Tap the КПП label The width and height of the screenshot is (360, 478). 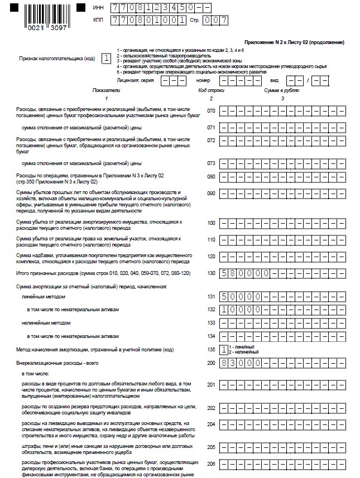point(98,21)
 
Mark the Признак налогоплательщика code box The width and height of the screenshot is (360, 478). point(106,57)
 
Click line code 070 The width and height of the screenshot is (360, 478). point(211,111)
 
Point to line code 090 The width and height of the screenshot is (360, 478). point(211,193)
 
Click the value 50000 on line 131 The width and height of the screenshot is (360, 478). point(239,297)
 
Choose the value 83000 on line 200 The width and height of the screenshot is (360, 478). point(239,363)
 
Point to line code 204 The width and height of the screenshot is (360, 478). point(211,424)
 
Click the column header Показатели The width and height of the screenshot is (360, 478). point(105,90)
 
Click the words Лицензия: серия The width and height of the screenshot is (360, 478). point(137,80)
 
